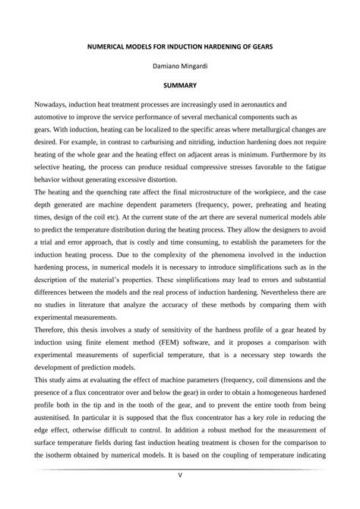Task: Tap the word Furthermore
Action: (x=286, y=158)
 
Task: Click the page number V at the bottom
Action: (x=179, y=498)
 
